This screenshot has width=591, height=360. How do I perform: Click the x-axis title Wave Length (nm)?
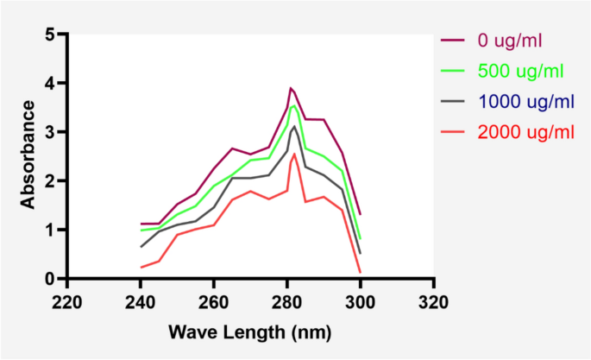249,332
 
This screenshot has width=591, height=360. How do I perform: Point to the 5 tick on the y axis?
51,35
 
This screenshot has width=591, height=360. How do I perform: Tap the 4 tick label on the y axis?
51,84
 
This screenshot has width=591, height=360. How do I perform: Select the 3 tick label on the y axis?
51,132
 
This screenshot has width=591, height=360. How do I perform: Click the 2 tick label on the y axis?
51,181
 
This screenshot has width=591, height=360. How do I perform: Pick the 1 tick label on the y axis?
51,231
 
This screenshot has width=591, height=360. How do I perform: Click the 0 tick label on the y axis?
51,279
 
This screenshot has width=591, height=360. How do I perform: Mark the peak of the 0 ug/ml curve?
291,88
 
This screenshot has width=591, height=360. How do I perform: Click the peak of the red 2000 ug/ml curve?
294,154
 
